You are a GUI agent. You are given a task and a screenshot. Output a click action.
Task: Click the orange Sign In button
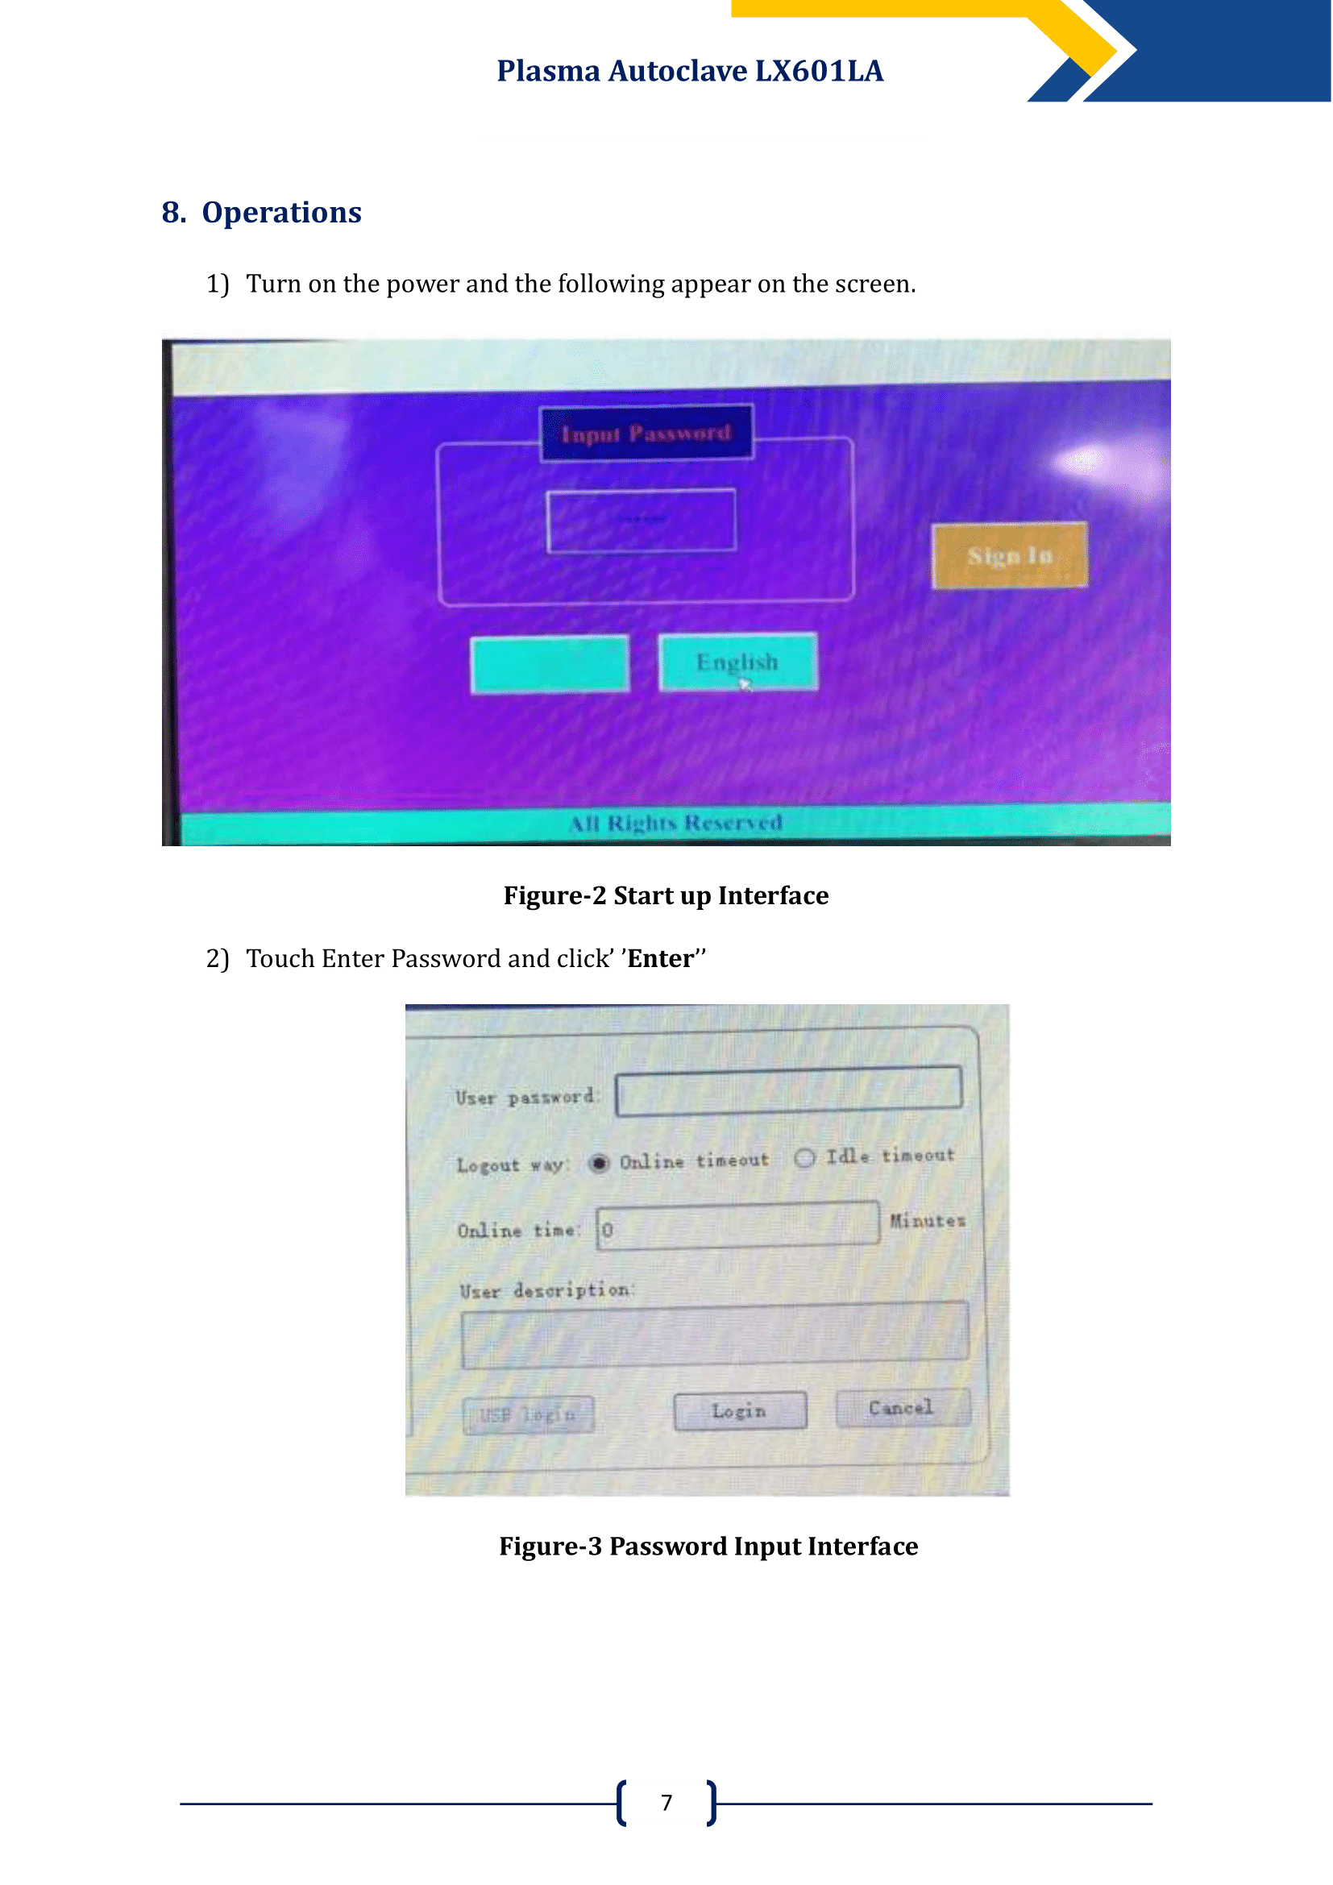click(1010, 556)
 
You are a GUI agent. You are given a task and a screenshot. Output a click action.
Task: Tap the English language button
click(737, 662)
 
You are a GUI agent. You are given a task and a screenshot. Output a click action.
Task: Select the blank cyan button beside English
click(550, 664)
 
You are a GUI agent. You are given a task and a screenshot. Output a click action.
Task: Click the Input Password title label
click(646, 433)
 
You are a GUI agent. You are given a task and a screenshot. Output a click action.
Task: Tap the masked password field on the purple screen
click(641, 521)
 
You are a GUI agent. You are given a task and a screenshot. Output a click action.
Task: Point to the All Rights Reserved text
click(675, 823)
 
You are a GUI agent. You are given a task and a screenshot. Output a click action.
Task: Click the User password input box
click(788, 1091)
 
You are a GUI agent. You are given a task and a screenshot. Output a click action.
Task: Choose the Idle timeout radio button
click(804, 1157)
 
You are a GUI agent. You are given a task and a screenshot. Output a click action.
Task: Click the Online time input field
click(737, 1227)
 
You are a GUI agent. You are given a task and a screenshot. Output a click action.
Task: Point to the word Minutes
click(928, 1221)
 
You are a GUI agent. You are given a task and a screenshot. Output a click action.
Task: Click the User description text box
click(714, 1334)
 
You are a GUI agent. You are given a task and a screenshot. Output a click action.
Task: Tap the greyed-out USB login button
click(528, 1414)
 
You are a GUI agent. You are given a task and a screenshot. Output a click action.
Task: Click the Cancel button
click(902, 1408)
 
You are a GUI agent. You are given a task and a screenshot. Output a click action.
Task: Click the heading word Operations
click(281, 213)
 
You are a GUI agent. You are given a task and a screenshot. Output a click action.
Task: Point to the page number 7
click(666, 1803)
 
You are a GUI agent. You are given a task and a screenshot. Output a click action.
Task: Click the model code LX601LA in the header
click(818, 72)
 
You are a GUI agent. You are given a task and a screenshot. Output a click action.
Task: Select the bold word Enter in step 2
click(660, 959)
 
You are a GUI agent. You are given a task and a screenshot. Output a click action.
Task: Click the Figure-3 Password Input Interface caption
click(708, 1547)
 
